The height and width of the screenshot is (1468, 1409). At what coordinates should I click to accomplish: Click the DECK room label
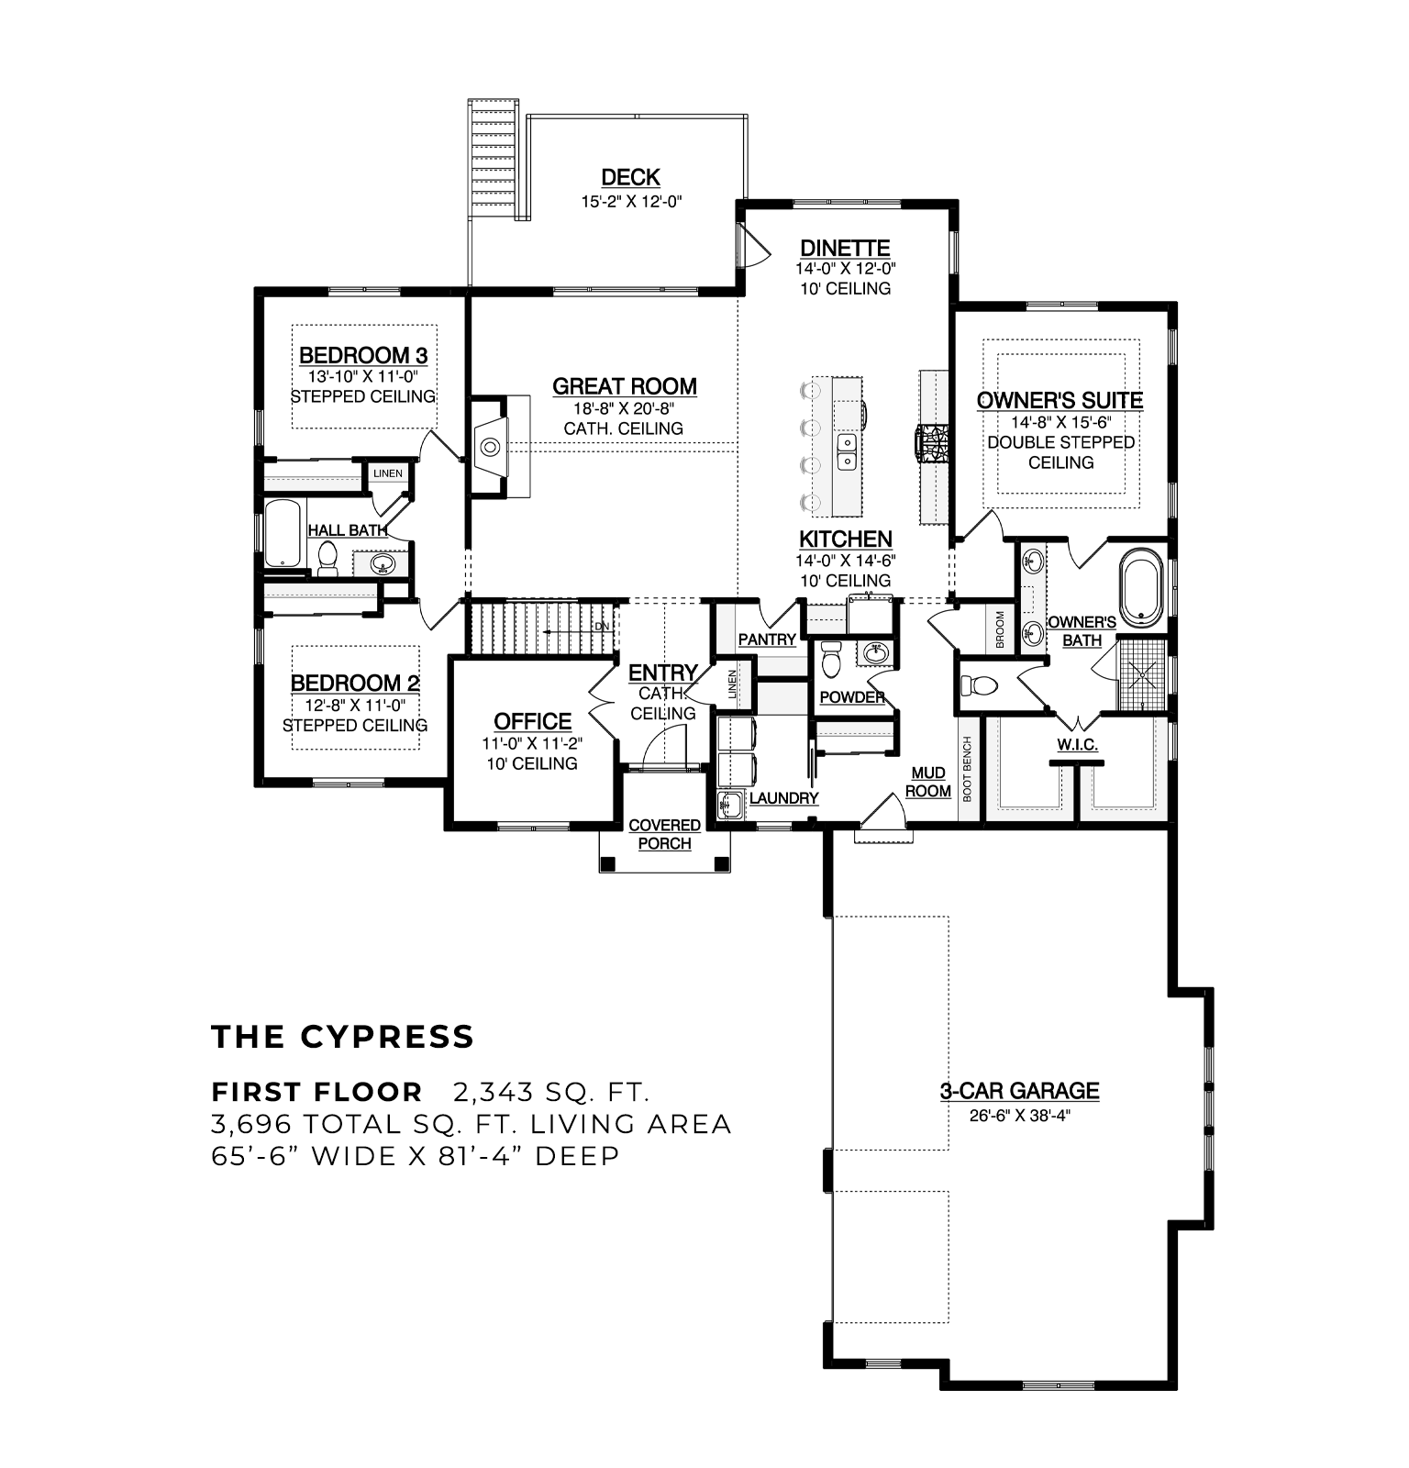pyautogui.click(x=630, y=177)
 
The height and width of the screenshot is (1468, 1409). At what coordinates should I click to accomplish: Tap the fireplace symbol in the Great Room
pyautogui.click(x=490, y=447)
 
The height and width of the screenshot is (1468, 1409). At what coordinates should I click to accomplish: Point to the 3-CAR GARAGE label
pyautogui.click(x=1019, y=1091)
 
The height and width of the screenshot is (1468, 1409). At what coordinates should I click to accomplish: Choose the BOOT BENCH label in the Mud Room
pyautogui.click(x=967, y=769)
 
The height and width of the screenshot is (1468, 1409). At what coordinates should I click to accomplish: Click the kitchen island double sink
pyautogui.click(x=848, y=450)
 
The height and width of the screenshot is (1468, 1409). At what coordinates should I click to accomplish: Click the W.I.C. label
pyautogui.click(x=1077, y=744)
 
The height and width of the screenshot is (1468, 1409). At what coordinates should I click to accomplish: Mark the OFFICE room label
pyautogui.click(x=532, y=721)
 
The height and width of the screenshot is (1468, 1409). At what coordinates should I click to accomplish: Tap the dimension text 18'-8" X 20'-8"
pyautogui.click(x=624, y=408)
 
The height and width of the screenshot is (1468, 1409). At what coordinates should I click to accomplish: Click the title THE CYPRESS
pyautogui.click(x=343, y=1037)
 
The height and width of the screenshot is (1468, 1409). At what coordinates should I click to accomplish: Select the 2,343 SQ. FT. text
pyautogui.click(x=551, y=1093)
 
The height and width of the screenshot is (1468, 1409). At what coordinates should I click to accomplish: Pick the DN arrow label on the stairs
pyautogui.click(x=602, y=627)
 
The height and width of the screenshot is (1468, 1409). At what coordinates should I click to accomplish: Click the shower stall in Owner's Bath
pyautogui.click(x=1142, y=673)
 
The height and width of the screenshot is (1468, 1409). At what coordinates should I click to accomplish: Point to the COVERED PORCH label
pyautogui.click(x=664, y=834)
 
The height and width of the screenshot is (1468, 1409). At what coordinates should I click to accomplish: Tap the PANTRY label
pyautogui.click(x=767, y=639)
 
